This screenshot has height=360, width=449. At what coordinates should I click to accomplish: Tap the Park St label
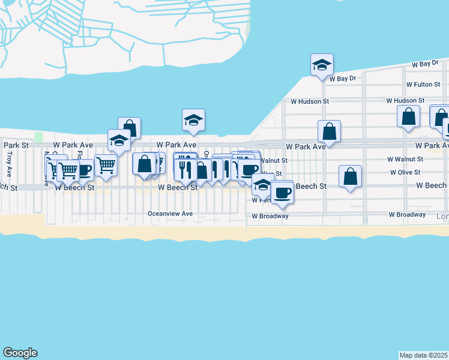(16, 145)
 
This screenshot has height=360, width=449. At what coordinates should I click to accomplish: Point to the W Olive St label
(406, 172)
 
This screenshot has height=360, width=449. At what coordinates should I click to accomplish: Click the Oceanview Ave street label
(170, 214)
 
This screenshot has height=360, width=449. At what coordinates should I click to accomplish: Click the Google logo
(20, 353)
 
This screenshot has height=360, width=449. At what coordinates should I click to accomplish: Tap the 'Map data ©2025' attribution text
(424, 355)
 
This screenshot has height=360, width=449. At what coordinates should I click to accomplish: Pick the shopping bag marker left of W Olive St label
(351, 176)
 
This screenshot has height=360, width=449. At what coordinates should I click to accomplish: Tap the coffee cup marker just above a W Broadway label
(282, 192)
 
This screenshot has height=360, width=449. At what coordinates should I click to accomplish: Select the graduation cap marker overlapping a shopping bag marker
(119, 140)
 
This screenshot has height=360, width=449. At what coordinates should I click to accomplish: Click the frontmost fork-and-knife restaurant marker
(185, 169)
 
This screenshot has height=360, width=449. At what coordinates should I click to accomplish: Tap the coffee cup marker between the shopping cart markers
(84, 169)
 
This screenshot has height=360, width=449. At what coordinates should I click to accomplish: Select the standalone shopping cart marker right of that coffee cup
(106, 164)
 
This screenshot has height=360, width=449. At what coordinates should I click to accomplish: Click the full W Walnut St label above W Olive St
(405, 159)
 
